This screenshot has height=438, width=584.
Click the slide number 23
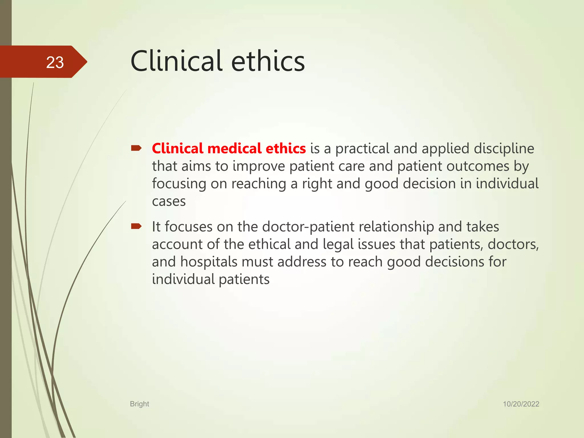[x=55, y=62]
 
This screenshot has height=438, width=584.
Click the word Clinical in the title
[x=176, y=61]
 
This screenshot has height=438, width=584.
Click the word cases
[x=169, y=201]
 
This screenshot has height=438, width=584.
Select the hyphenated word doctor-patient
[x=308, y=227]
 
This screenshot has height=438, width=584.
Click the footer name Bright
[x=139, y=404]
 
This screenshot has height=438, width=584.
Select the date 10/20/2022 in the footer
[x=521, y=404]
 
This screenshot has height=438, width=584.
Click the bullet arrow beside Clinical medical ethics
[x=136, y=148]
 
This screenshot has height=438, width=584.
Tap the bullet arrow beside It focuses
[x=136, y=226]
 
